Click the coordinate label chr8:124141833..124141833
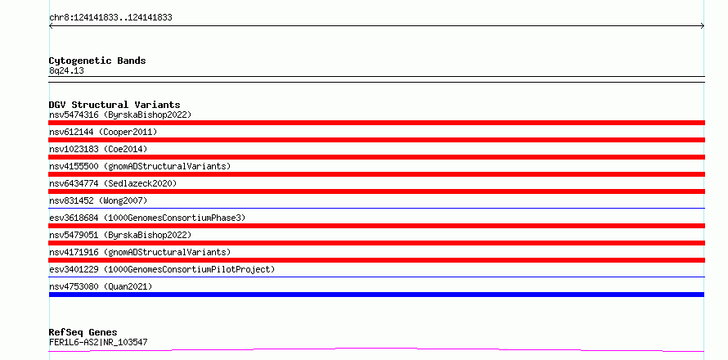click(110, 18)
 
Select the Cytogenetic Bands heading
click(97, 61)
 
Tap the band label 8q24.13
click(66, 71)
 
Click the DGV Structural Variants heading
click(115, 105)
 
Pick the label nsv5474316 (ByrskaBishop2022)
click(120, 115)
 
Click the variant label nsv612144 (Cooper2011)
click(103, 132)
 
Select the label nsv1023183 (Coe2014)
click(98, 149)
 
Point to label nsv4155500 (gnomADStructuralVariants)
click(140, 166)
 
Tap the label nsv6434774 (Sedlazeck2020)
click(113, 183)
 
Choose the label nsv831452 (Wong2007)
click(98, 200)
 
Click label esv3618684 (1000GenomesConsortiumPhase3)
click(147, 218)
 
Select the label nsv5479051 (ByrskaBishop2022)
click(120, 235)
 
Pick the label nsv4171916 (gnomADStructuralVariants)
click(140, 252)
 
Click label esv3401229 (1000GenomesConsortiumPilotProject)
click(162, 269)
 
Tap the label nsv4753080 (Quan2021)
click(101, 286)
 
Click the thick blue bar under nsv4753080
click(376, 295)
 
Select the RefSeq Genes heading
click(83, 332)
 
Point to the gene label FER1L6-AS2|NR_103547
click(98, 343)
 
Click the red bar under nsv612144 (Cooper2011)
click(376, 140)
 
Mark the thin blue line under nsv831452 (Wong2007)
click(376, 209)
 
